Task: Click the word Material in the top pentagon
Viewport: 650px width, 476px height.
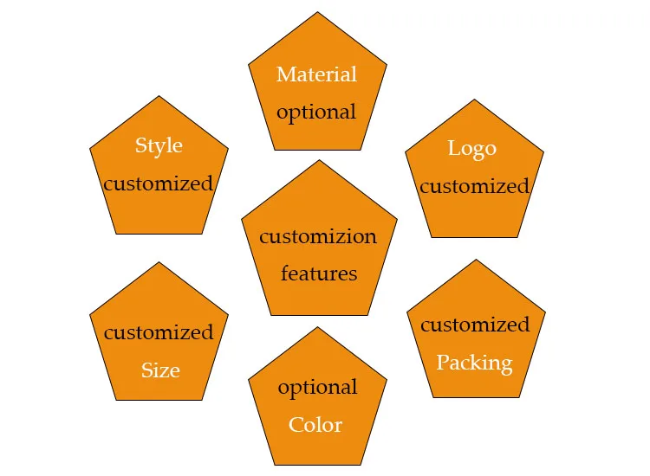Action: pos(316,74)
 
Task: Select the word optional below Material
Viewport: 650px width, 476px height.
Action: pos(316,112)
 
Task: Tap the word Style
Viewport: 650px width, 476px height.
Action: pos(159,145)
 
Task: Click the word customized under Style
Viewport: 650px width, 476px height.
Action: pos(158,183)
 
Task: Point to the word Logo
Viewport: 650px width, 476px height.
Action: pos(472,148)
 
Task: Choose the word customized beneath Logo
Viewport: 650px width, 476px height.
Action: pos(474,186)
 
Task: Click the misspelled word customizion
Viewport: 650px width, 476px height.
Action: pos(318,236)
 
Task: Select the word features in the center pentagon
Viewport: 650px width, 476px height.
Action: pos(319,273)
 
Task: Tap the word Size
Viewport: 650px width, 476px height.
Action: pos(160,370)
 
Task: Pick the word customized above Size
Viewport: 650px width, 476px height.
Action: pos(159,332)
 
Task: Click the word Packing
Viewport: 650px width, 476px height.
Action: pos(474,362)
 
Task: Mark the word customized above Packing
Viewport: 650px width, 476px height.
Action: pos(475,325)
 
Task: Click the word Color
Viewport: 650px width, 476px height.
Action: pos(315,425)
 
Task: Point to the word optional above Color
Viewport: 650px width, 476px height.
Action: pos(317,387)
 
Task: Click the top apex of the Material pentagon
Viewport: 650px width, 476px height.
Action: pos(318,12)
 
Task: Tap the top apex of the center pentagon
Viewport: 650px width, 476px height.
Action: pos(320,160)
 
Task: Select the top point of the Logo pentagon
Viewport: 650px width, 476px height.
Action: pos(474,100)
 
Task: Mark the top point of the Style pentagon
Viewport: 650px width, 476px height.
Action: pos(159,96)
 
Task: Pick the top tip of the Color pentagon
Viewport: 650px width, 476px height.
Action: pos(318,327)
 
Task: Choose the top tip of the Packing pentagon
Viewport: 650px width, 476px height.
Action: pos(476,260)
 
